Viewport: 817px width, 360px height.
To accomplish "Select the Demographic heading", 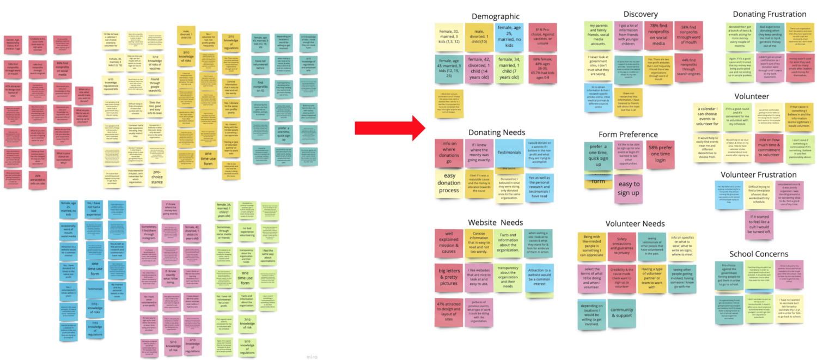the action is click(496, 16).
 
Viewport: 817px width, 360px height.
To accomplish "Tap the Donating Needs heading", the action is click(497, 132).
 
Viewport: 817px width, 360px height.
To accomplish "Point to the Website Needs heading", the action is click(495, 222).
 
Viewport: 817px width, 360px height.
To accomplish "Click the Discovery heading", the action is click(641, 14).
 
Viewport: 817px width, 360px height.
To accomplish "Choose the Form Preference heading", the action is click(627, 134).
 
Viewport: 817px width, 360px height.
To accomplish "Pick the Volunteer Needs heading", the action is click(635, 223).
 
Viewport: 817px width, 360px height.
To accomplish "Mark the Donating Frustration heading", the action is click(769, 14).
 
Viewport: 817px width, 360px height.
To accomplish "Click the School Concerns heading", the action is click(759, 254).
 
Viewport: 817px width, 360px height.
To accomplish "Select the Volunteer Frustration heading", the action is click(759, 175).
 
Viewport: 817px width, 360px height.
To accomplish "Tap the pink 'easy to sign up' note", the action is click(629, 189).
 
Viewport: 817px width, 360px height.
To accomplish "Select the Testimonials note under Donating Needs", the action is click(509, 153).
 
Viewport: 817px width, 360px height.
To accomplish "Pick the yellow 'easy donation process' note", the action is click(449, 183).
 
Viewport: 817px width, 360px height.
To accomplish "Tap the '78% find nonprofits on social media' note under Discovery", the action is click(658, 35).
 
